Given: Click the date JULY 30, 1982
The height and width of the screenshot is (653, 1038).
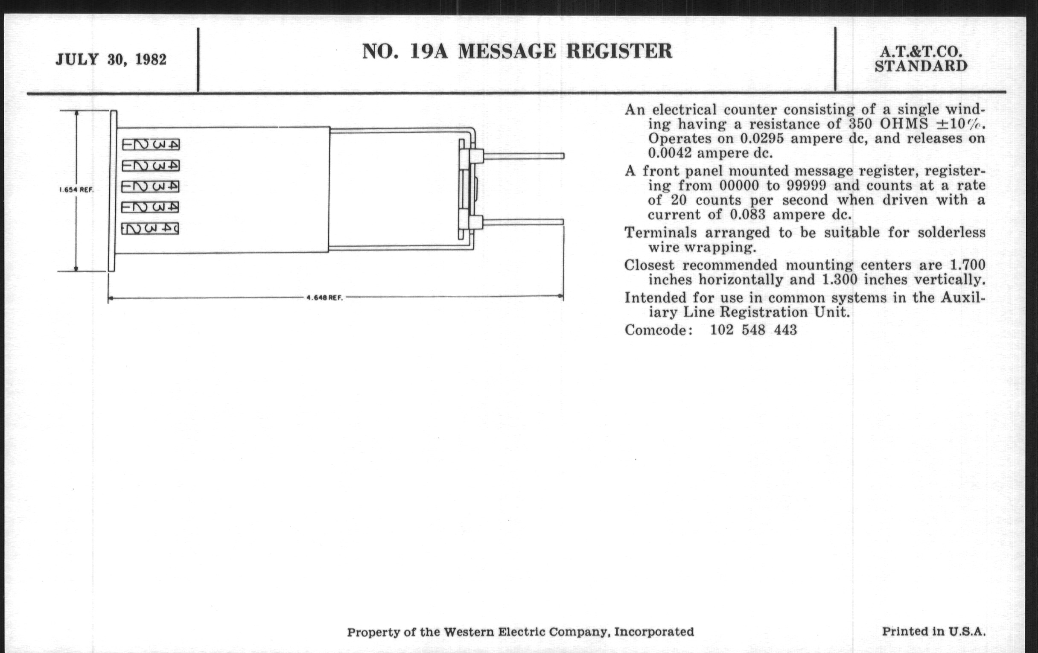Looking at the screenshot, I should pyautogui.click(x=111, y=59).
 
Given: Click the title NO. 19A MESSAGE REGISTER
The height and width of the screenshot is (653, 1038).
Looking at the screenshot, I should pyautogui.click(x=517, y=51).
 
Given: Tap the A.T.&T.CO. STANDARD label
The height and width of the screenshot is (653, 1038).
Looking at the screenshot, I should pyautogui.click(x=921, y=59).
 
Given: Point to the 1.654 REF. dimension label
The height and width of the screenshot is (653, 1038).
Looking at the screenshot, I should pyautogui.click(x=76, y=189).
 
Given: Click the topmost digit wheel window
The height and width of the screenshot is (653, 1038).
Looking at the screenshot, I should pyautogui.click(x=151, y=144).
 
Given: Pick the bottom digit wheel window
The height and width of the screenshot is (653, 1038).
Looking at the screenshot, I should pyautogui.click(x=150, y=228).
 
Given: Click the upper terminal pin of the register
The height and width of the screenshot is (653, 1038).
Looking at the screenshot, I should pyautogui.click(x=523, y=156).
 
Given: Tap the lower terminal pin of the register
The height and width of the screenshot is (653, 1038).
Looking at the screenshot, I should pyautogui.click(x=523, y=222).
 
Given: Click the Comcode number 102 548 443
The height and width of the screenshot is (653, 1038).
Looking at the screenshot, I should pyautogui.click(x=753, y=330).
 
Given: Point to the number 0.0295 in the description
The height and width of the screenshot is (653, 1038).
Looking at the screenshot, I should pyautogui.click(x=762, y=139).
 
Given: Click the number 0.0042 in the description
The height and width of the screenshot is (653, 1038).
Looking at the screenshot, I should pyautogui.click(x=669, y=153).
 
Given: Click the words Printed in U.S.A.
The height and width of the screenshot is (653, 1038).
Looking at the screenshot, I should pyautogui.click(x=933, y=632).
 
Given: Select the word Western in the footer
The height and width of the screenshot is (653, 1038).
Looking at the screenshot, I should pyautogui.click(x=469, y=632).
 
